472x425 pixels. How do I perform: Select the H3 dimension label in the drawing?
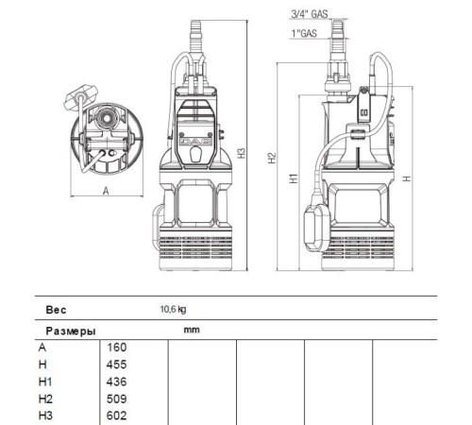coord(243,152)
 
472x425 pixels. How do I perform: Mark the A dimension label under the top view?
coord(105,190)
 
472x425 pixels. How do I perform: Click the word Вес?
coord(57,309)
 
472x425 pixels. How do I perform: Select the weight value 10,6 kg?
coord(173,309)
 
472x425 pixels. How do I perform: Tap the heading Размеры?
coord(70,331)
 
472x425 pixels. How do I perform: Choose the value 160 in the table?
coord(118,348)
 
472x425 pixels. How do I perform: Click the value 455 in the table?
coord(118,365)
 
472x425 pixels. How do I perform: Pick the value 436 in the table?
coord(118,382)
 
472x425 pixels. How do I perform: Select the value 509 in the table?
coord(118,399)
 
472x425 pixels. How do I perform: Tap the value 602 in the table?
coord(118,416)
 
